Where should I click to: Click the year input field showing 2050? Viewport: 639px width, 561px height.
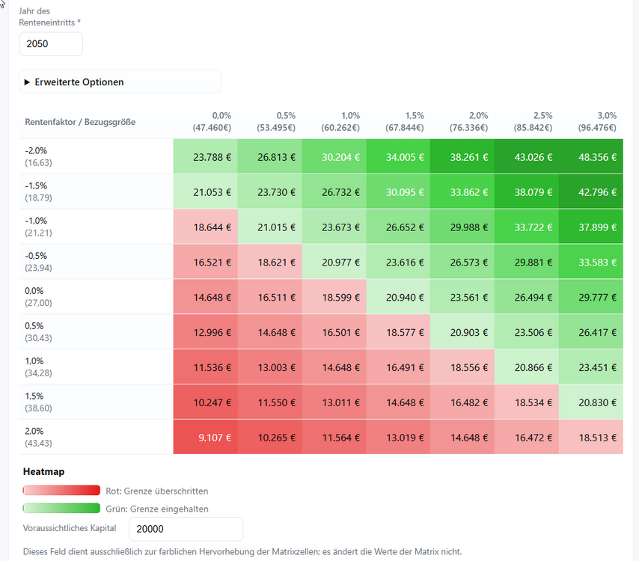50,44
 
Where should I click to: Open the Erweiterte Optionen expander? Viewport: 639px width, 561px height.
79,82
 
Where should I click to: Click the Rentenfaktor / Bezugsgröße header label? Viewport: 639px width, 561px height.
80,122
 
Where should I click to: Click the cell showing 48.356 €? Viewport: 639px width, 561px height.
590,157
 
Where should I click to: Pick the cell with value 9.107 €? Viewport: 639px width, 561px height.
205,438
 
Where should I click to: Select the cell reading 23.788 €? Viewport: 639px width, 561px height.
205,157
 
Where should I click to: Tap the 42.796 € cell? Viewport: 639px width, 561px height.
590,192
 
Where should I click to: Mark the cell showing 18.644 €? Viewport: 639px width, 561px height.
205,227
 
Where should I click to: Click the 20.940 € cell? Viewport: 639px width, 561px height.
397,298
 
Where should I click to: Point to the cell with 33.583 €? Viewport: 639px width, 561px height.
590,263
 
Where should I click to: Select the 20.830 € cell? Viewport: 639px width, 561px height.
590,402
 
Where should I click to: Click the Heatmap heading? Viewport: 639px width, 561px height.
44,472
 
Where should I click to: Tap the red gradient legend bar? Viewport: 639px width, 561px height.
61,491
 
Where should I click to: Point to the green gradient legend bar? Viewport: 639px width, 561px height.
61,509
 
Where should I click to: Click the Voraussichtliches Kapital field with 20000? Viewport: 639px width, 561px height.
186,529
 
